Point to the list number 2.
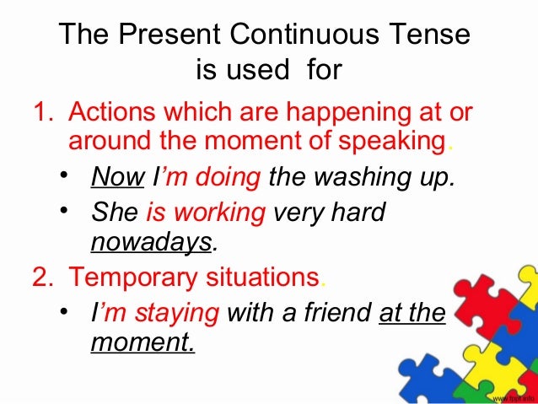pos(40,276)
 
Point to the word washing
pos(352,178)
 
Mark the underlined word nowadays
pos(150,242)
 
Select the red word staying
pos(181,313)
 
